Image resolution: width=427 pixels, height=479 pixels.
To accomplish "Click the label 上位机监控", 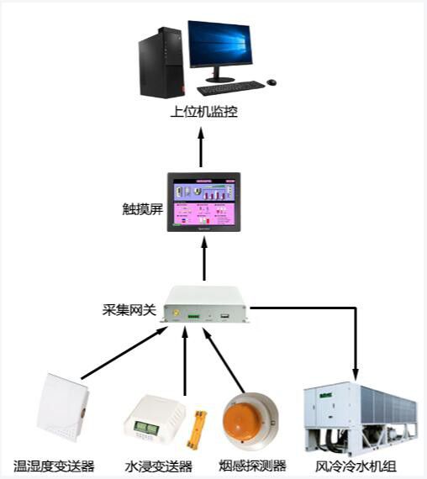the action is pyautogui.click(x=204, y=112).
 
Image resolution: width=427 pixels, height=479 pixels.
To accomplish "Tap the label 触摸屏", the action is pyautogui.click(x=142, y=209).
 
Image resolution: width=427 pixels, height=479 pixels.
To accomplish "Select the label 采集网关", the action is pyautogui.click(x=129, y=310).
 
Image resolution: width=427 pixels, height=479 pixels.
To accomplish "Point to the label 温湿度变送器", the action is pyautogui.click(x=54, y=466).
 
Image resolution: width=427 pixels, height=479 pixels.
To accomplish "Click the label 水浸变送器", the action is pyautogui.click(x=159, y=466).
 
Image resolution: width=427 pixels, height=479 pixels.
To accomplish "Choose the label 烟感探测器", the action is pyautogui.click(x=253, y=466).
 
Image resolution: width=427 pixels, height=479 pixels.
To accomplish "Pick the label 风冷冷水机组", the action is pyautogui.click(x=356, y=466).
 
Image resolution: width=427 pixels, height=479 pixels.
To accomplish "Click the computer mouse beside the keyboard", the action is pyautogui.click(x=271, y=82).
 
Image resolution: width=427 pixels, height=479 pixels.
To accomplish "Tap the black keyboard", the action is pyautogui.click(x=231, y=87).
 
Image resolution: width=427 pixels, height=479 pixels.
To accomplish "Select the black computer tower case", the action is pyautogui.click(x=162, y=63).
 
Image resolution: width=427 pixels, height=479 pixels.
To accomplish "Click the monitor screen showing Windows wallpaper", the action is pyautogui.click(x=220, y=44).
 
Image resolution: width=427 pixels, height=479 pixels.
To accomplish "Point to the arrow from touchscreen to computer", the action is pyautogui.click(x=201, y=147).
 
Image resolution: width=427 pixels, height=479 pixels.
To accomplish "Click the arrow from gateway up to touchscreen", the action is pyautogui.click(x=204, y=260).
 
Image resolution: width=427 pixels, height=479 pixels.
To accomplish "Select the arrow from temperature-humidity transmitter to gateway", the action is pyautogui.click(x=124, y=353).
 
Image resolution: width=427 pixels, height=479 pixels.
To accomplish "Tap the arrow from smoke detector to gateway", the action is pyautogui.click(x=224, y=361).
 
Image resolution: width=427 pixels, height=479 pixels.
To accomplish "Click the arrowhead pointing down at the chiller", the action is pyautogui.click(x=356, y=375).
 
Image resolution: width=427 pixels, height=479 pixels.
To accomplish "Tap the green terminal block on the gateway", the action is pyautogui.click(x=193, y=316).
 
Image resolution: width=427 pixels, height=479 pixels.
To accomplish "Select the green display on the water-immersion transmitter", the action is pyautogui.click(x=145, y=428).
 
